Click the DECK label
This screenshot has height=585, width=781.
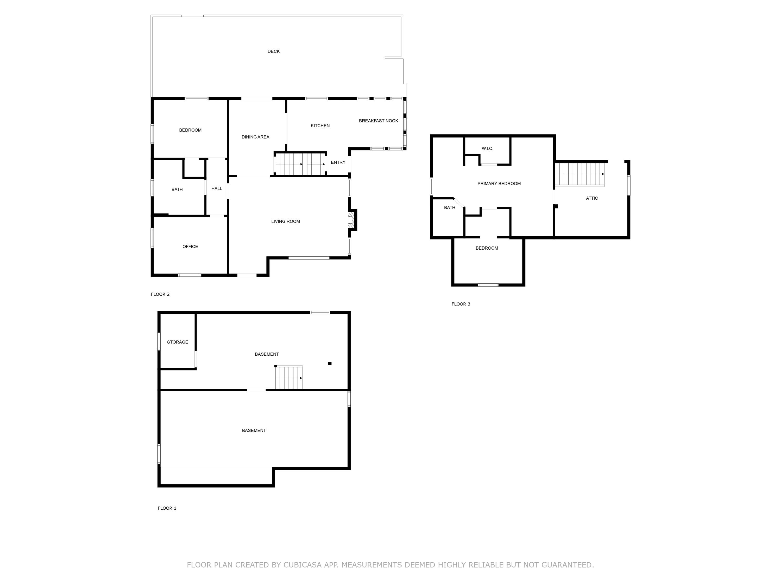point(273,51)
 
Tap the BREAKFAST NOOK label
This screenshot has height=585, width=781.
point(378,121)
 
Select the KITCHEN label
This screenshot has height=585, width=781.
point(320,126)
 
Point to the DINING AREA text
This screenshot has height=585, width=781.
point(255,137)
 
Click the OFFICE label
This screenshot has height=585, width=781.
point(190,247)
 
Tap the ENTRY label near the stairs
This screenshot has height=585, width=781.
point(338,162)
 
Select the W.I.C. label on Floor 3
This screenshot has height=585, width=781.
point(487,149)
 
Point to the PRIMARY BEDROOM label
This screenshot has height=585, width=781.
point(499,184)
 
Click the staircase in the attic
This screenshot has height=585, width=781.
point(579,174)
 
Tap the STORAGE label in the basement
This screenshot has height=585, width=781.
point(177,342)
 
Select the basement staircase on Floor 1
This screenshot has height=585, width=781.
point(288,378)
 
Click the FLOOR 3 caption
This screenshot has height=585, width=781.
point(461,304)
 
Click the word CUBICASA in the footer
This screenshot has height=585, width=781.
point(302,565)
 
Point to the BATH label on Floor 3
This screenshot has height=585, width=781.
point(449,208)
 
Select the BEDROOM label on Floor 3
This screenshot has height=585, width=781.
point(487,248)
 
